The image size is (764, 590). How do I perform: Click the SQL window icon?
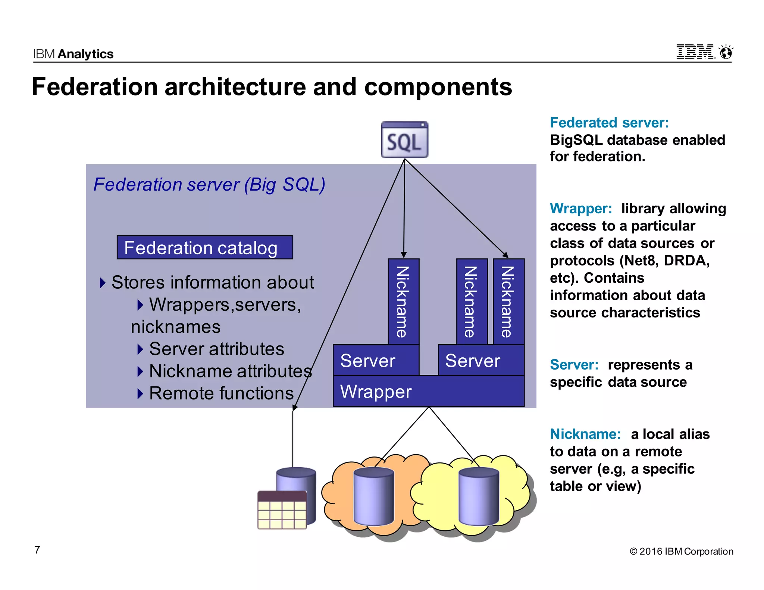(x=404, y=140)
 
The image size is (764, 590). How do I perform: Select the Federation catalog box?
(x=204, y=248)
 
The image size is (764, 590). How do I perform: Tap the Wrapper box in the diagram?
(x=428, y=391)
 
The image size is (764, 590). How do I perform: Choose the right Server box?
(x=480, y=360)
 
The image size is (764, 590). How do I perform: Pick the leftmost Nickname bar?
(x=403, y=301)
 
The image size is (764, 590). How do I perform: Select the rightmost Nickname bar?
(x=508, y=301)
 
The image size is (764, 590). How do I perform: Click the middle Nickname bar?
(x=472, y=301)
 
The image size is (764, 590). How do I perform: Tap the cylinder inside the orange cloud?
(x=373, y=496)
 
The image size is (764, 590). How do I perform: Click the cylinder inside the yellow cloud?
(x=479, y=496)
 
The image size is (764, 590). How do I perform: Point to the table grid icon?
(x=282, y=510)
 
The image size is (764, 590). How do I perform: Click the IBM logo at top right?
(x=695, y=52)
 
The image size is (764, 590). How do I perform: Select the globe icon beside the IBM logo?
(x=726, y=52)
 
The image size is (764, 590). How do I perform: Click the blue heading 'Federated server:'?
(x=609, y=123)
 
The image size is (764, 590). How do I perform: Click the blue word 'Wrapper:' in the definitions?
(x=581, y=208)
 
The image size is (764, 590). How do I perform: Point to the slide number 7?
(x=37, y=550)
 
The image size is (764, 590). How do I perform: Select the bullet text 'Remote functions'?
(x=221, y=393)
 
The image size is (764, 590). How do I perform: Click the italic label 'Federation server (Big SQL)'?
(x=209, y=185)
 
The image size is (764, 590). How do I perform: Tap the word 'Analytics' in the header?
(x=86, y=54)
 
